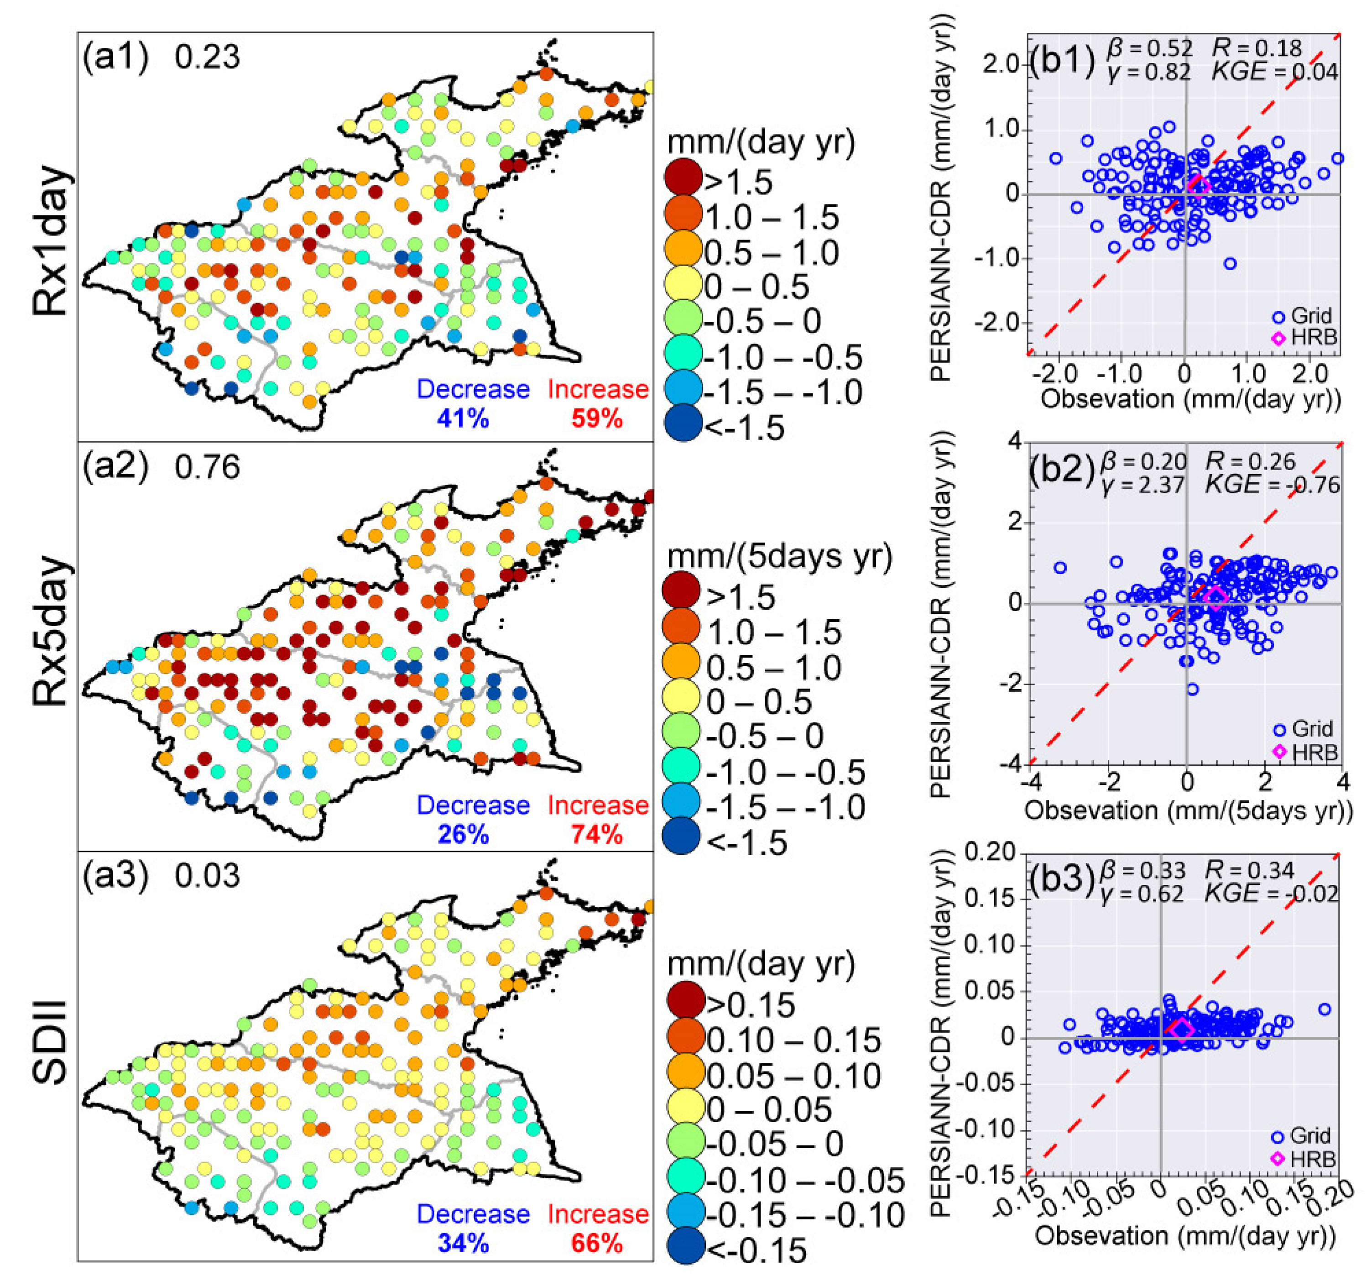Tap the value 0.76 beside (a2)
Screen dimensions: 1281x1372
click(x=207, y=467)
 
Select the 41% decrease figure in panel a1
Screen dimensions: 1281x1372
click(x=462, y=418)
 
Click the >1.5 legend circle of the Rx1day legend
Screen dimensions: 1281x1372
click(x=683, y=179)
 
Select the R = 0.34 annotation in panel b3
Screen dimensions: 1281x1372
click(x=1249, y=870)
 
